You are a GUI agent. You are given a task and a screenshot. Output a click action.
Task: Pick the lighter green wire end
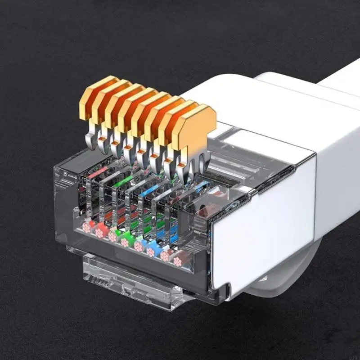point(113,237)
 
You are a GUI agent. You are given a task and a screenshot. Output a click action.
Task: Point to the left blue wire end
point(139,247)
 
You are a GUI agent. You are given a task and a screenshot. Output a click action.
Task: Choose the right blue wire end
point(151,251)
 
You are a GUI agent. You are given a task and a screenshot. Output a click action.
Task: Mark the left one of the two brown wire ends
point(165,256)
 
